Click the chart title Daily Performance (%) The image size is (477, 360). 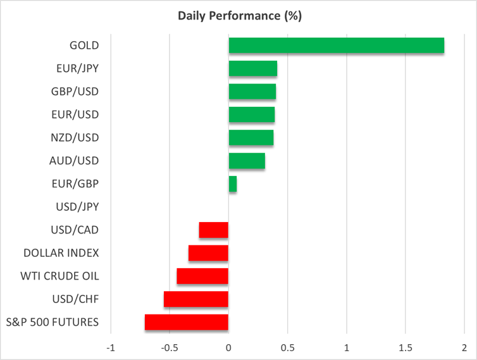(238, 16)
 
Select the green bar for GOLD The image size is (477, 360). (336, 46)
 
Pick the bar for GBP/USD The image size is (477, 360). (252, 92)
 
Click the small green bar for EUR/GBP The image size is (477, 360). (232, 184)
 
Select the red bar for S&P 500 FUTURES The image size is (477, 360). (186, 322)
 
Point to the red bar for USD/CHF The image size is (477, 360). (195, 299)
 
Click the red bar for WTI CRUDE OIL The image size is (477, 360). (202, 276)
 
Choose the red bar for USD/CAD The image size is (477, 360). (213, 230)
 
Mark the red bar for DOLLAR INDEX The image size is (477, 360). (208, 253)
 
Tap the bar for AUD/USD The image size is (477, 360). (246, 161)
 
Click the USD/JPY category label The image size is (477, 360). (75, 207)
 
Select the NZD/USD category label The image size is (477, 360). (75, 138)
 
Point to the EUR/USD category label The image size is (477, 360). (75, 115)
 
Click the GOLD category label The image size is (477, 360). (84, 46)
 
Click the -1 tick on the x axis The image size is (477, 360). (111, 348)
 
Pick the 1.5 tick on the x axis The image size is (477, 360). (405, 348)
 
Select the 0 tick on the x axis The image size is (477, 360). (228, 348)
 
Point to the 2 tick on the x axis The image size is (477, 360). (464, 348)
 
